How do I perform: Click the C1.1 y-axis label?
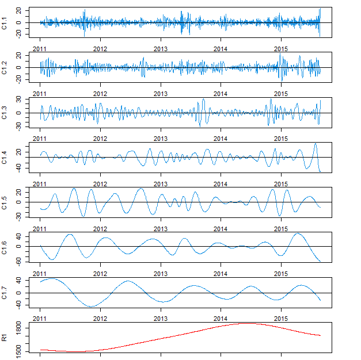pyautogui.click(x=5, y=23)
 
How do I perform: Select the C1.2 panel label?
pyautogui.click(x=5, y=68)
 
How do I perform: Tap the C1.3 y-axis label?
pyautogui.click(x=5, y=113)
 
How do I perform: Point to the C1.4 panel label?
pyautogui.click(x=5, y=158)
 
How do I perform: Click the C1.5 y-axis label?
pyautogui.click(x=5, y=202)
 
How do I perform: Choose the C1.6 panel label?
pyautogui.click(x=5, y=247)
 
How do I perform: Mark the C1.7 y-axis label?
pyautogui.click(x=5, y=293)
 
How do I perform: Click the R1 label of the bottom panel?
pyautogui.click(x=5, y=338)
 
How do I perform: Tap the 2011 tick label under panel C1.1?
pyautogui.click(x=40, y=48)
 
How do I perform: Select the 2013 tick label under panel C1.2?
pyautogui.click(x=161, y=93)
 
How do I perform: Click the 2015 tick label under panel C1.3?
pyautogui.click(x=281, y=138)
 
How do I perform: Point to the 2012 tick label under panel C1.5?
pyautogui.click(x=100, y=228)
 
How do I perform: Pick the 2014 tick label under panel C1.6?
pyautogui.click(x=221, y=273)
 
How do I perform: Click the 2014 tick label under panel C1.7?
pyautogui.click(x=221, y=318)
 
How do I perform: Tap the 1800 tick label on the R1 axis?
pyautogui.click(x=19, y=328)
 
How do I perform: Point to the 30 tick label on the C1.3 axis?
pyautogui.click(x=19, y=99)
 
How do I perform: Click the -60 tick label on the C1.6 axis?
pyautogui.click(x=19, y=260)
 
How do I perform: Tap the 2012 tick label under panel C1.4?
pyautogui.click(x=100, y=183)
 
